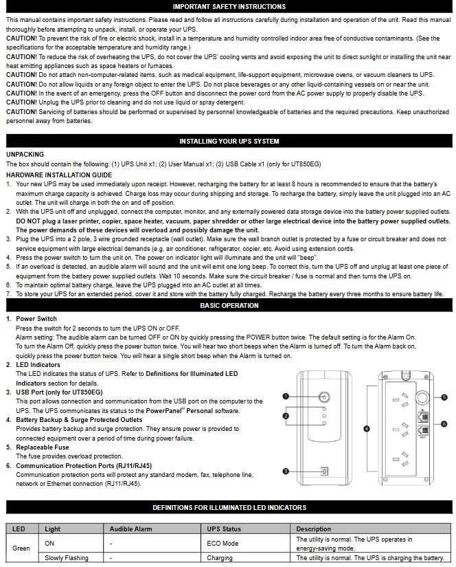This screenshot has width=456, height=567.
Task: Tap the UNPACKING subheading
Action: (25, 155)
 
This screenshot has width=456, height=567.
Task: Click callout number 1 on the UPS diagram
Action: (286, 397)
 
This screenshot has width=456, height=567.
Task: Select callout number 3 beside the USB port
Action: (286, 471)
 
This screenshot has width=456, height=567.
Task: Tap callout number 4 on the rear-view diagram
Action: (367, 428)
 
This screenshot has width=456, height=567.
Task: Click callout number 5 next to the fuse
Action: (444, 397)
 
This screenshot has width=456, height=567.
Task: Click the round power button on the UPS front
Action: (323, 397)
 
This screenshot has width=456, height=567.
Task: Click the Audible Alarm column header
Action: (130, 529)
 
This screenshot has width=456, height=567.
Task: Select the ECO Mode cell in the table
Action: (223, 543)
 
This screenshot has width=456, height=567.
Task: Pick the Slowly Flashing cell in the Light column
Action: (67, 558)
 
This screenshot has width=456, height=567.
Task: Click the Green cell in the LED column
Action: (21, 548)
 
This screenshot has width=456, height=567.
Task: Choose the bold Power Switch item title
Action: (36, 319)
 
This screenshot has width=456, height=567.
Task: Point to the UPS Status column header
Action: (224, 529)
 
